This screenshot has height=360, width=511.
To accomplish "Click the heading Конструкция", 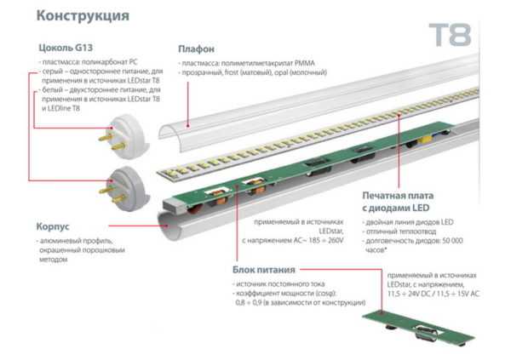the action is click(83, 16).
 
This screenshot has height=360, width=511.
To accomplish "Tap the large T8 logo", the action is click(450, 35).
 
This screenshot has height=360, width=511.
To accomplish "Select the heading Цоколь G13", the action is click(66, 48).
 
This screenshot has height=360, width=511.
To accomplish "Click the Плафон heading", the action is click(196, 49).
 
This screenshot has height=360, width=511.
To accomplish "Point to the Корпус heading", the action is click(53, 226).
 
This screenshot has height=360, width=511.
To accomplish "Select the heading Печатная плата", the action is click(398, 196).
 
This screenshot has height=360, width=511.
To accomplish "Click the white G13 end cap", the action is click(126, 136).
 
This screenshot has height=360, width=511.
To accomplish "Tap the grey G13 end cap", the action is click(126, 189).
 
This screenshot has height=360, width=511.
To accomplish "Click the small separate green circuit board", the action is click(418, 329).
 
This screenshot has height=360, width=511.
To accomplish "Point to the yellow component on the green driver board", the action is click(423, 140).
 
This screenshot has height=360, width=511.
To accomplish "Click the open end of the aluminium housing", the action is click(168, 225).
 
